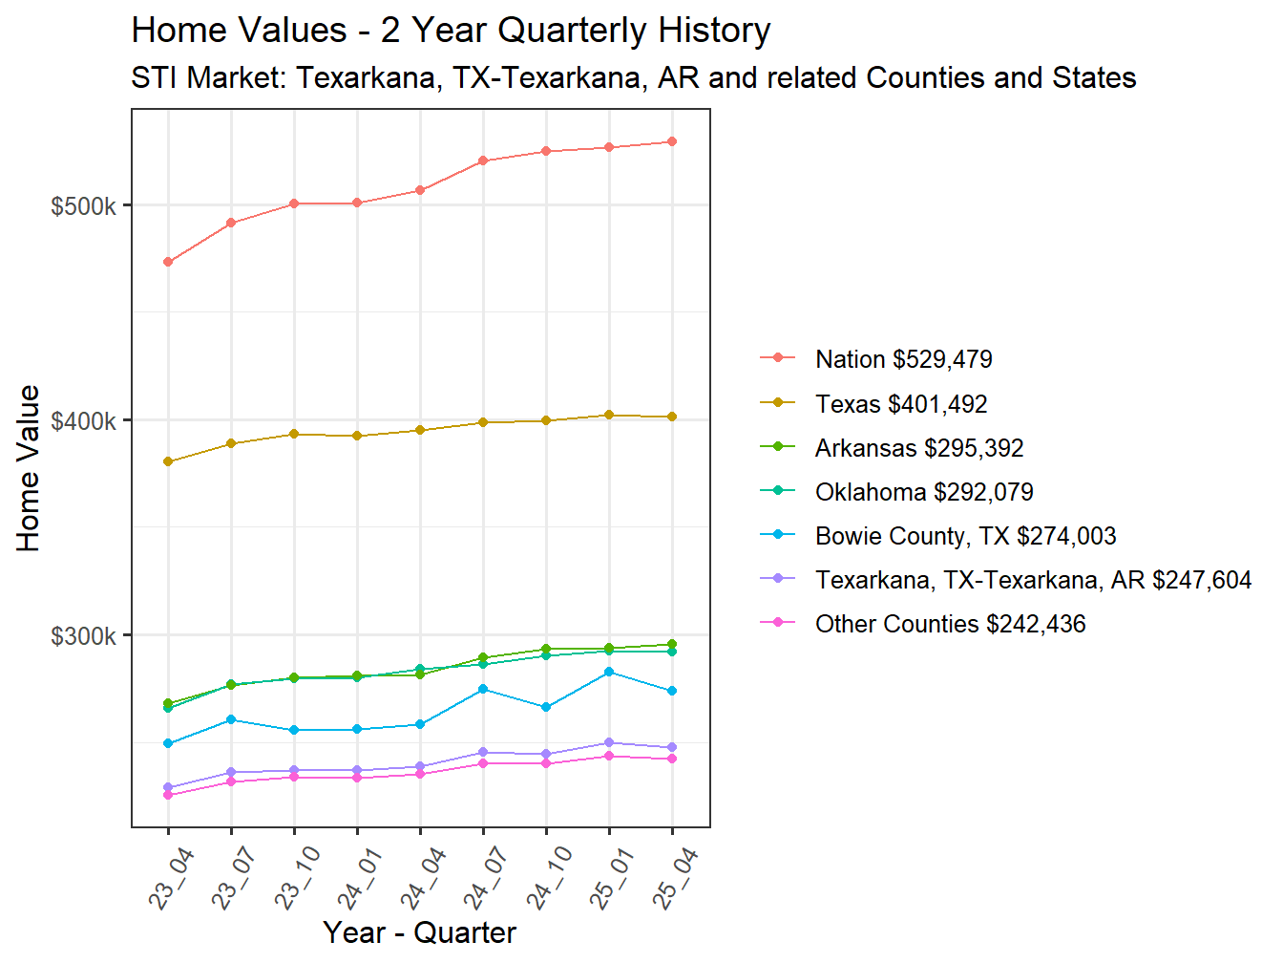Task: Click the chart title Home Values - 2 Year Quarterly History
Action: pyautogui.click(x=451, y=31)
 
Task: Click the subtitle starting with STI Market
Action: pyautogui.click(x=633, y=77)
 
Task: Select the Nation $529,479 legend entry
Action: pyautogui.click(x=903, y=359)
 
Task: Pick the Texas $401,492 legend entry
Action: pyautogui.click(x=900, y=404)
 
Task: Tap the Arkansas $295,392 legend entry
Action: pyautogui.click(x=918, y=448)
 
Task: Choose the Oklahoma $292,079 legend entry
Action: pyautogui.click(x=923, y=492)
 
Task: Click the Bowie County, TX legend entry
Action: pyautogui.click(x=965, y=536)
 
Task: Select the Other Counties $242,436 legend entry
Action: pyautogui.click(x=950, y=624)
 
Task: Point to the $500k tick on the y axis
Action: pyautogui.click(x=84, y=206)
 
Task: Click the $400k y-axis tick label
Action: pyautogui.click(x=84, y=421)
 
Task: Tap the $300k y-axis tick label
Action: pyautogui.click(x=84, y=636)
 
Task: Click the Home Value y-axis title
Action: pyautogui.click(x=29, y=468)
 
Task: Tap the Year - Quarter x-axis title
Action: pyautogui.click(x=419, y=932)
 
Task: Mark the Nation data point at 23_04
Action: pyautogui.click(x=168, y=262)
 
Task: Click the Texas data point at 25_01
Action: pyautogui.click(x=609, y=415)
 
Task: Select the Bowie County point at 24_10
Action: pyautogui.click(x=546, y=707)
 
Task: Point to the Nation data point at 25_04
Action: pyautogui.click(x=672, y=141)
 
